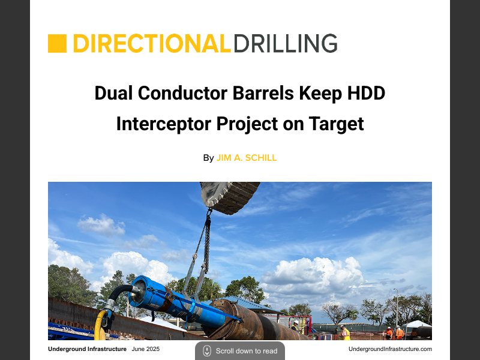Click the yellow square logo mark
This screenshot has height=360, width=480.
click(x=57, y=44)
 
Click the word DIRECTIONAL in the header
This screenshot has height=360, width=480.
click(x=152, y=44)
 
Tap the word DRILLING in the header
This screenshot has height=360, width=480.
click(x=285, y=44)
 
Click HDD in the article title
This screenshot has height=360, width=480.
click(x=364, y=94)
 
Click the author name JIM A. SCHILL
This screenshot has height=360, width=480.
click(x=247, y=158)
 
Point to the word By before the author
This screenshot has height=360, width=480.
click(x=208, y=158)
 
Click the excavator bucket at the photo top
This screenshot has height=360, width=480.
click(x=230, y=196)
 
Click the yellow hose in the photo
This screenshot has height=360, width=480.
click(x=100, y=327)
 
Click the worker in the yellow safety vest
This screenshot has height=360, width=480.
click(x=346, y=333)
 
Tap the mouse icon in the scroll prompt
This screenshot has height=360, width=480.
click(x=207, y=351)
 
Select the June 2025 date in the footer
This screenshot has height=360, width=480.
click(x=146, y=349)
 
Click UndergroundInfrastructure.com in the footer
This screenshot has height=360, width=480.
click(x=390, y=349)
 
